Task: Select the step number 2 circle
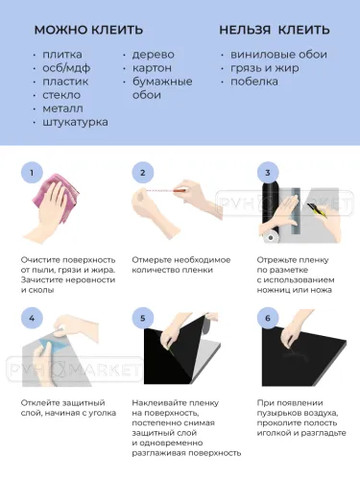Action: (x=143, y=173)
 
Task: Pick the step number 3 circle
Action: (x=268, y=173)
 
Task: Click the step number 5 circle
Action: (x=143, y=318)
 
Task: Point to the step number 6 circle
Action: (x=268, y=318)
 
